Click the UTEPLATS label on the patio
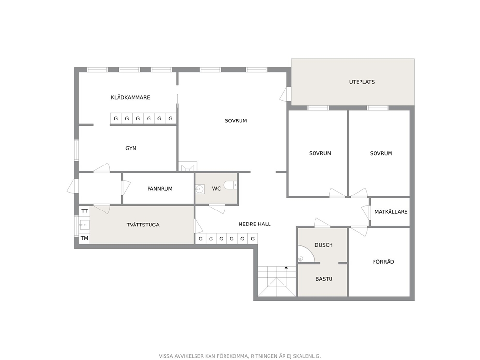tap(362, 82)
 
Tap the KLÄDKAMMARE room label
tap(131, 97)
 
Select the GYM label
tap(131, 148)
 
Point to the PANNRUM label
tap(160, 189)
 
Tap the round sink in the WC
tap(200, 189)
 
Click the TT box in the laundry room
tap(85, 211)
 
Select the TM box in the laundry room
tap(85, 238)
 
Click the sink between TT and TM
tap(84, 225)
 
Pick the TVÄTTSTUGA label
tap(143, 225)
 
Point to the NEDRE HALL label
tap(255, 224)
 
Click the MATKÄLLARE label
tap(391, 212)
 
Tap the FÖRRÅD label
tap(384, 262)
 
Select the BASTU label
tap(324, 279)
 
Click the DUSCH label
tap(324, 245)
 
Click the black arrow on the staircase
tap(286, 268)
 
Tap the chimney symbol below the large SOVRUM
tap(188, 166)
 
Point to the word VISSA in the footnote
tap(166, 356)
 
